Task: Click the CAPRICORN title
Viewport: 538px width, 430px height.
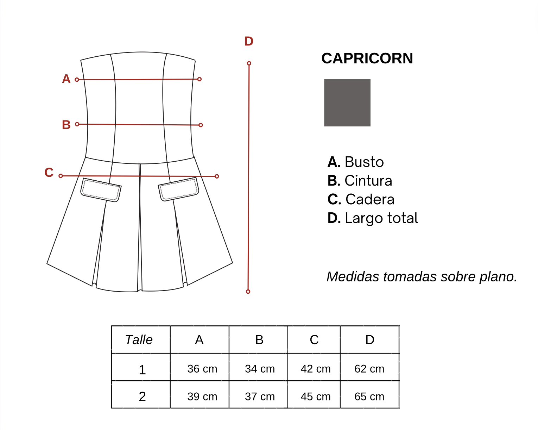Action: pyautogui.click(x=367, y=58)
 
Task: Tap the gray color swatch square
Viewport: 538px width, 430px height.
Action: pyautogui.click(x=347, y=103)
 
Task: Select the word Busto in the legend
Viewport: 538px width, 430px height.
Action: pyautogui.click(x=364, y=162)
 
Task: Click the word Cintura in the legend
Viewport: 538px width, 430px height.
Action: pyautogui.click(x=368, y=181)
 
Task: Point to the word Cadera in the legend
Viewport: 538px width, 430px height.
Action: pyautogui.click(x=370, y=199)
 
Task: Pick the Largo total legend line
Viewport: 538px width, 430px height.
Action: pyautogui.click(x=373, y=218)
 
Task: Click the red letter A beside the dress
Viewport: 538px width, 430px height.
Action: pyautogui.click(x=66, y=79)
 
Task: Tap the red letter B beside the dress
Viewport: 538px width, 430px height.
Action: pyautogui.click(x=66, y=125)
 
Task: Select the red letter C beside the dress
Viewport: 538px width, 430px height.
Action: pyautogui.click(x=49, y=173)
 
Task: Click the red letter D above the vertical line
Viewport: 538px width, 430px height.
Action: pyautogui.click(x=249, y=41)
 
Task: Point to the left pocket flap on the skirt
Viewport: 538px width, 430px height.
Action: pyautogui.click(x=101, y=190)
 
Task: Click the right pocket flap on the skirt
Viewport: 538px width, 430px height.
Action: pyautogui.click(x=178, y=189)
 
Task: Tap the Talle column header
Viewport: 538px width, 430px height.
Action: pyautogui.click(x=139, y=340)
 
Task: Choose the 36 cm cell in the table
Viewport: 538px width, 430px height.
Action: pyautogui.click(x=202, y=369)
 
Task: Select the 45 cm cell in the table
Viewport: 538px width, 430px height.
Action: pyautogui.click(x=316, y=397)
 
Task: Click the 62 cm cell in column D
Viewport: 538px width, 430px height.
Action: pyautogui.click(x=369, y=369)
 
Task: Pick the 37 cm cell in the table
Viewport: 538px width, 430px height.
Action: pyautogui.click(x=260, y=397)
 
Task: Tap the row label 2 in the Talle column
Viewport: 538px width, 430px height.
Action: pyautogui.click(x=142, y=397)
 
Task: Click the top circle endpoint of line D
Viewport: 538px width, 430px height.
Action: pyautogui.click(x=249, y=63)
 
